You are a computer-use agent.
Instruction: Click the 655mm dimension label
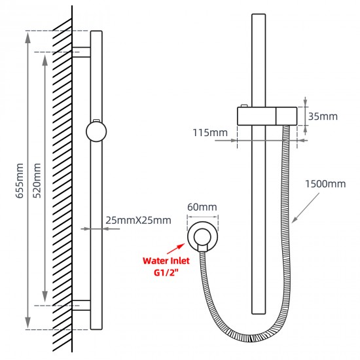click(20, 181)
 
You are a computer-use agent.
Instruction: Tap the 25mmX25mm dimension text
click(138, 220)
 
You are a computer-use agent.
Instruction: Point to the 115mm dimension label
click(210, 133)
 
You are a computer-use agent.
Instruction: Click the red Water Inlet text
click(166, 261)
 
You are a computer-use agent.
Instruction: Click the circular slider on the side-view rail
click(96, 131)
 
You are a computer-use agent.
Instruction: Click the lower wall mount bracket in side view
click(81, 306)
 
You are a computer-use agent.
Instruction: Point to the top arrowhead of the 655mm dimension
click(27, 37)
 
